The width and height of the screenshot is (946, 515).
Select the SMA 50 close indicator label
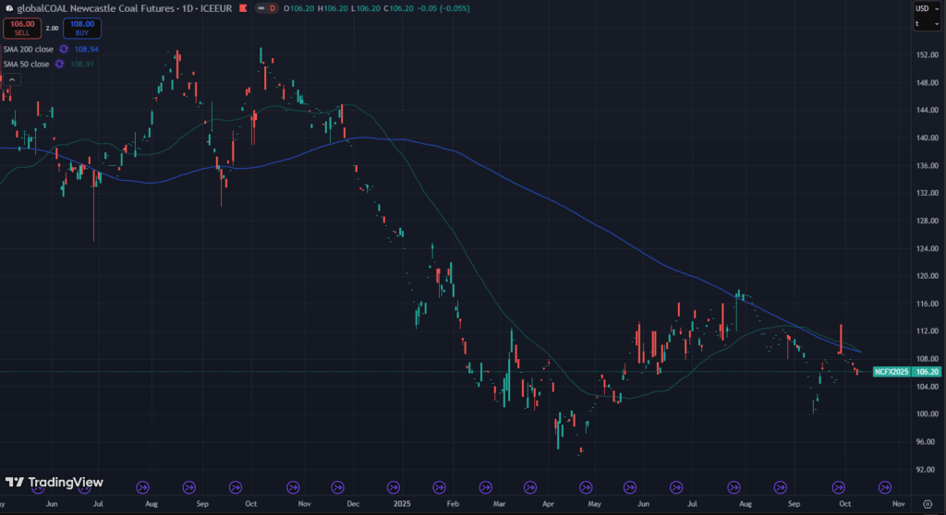click(x=27, y=64)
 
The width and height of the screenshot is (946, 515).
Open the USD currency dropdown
click(x=921, y=9)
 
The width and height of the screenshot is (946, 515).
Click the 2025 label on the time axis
click(x=400, y=505)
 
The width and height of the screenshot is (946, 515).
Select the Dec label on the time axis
click(x=351, y=505)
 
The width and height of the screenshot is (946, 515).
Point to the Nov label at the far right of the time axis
click(x=896, y=505)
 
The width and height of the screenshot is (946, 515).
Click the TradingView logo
click(x=55, y=482)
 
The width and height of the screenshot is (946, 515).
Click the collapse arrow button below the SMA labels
click(x=11, y=80)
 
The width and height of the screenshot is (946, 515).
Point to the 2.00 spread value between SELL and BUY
click(x=52, y=29)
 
